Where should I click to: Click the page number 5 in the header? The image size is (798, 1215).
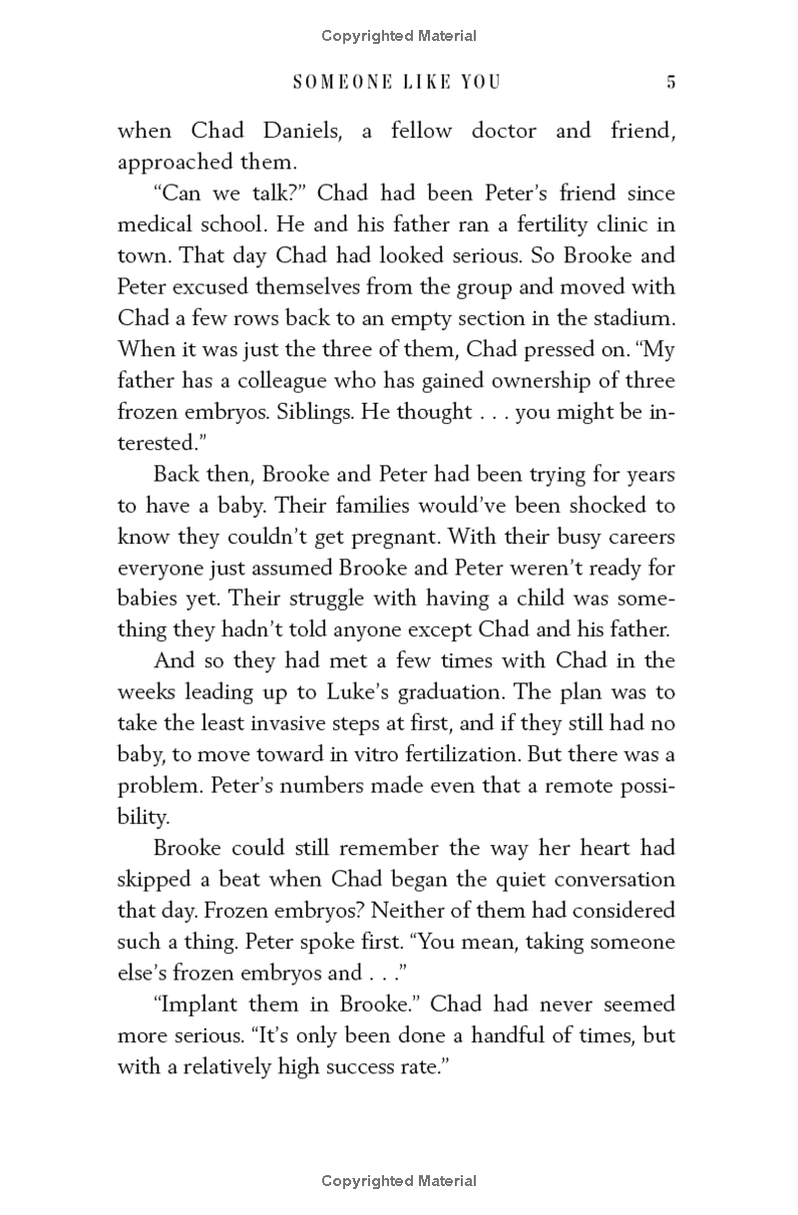(671, 83)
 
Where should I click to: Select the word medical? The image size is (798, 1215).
(158, 224)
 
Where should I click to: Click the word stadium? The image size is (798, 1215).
(631, 318)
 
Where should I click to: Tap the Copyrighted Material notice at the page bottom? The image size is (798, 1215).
(399, 1181)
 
